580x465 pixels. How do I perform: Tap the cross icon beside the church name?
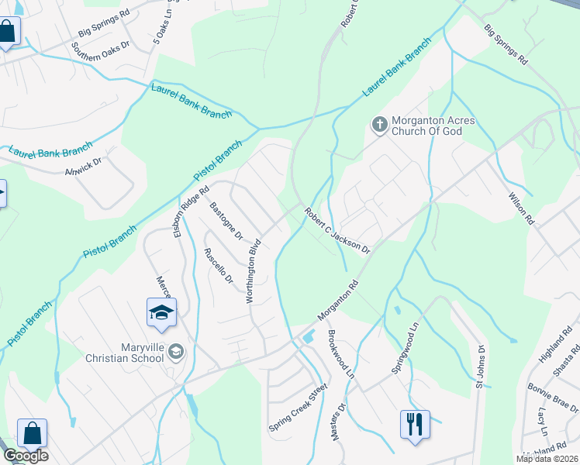(379, 124)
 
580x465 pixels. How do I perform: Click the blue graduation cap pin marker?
(162, 313)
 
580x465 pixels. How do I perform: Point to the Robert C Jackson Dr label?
(337, 230)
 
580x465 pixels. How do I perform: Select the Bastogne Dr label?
(226, 222)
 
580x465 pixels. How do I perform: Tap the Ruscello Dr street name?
(218, 266)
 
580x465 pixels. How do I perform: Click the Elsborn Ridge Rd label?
(192, 211)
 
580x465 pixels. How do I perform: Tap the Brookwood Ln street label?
(340, 353)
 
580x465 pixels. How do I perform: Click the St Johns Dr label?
(480, 367)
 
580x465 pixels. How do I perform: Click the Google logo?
(26, 456)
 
